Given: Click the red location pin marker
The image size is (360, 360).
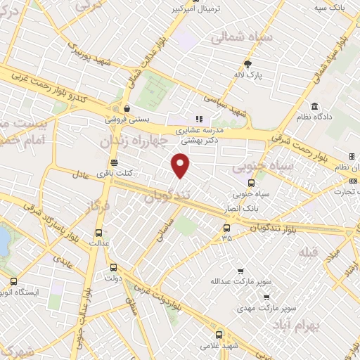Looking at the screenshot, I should coord(181,165).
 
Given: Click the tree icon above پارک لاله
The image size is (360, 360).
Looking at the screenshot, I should coord(246,63).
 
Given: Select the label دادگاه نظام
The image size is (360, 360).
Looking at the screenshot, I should coord(315,115).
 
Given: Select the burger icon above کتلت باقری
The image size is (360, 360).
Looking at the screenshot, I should coord(114,163).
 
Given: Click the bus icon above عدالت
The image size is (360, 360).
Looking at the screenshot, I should coord(98,232).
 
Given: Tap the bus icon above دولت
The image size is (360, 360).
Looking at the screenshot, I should coord(114,267).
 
